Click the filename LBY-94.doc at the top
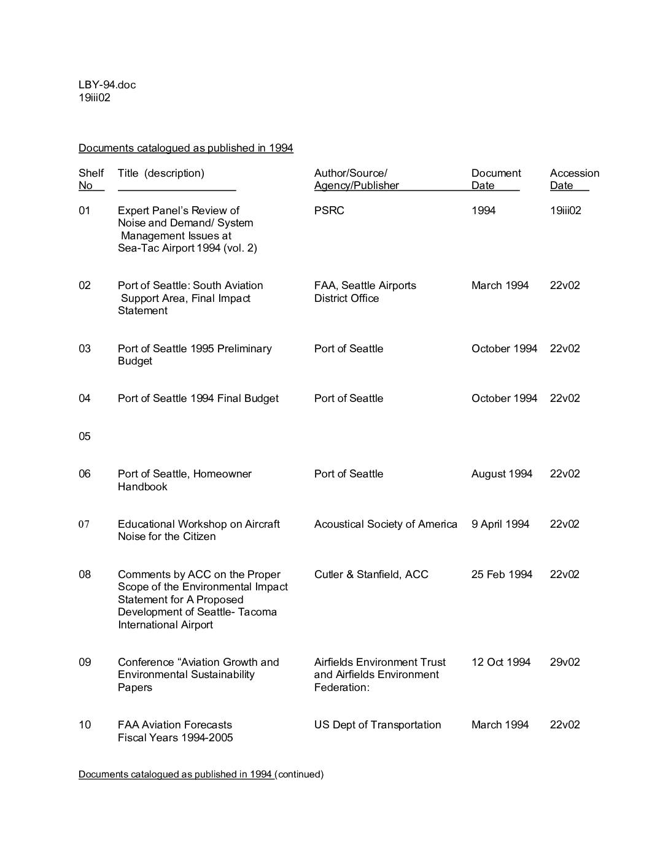pyautogui.click(x=107, y=85)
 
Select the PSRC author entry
pyautogui.click(x=329, y=210)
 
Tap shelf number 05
pyautogui.click(x=84, y=436)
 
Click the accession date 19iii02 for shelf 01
pyautogui.click(x=565, y=210)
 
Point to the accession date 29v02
pyautogui.click(x=565, y=662)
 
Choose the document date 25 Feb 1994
pyautogui.click(x=502, y=574)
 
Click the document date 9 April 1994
pyautogui.click(x=500, y=524)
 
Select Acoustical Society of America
pyautogui.click(x=386, y=524)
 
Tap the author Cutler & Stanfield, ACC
pyautogui.click(x=371, y=574)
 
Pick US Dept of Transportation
pyautogui.click(x=378, y=725)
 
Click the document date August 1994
pyautogui.click(x=502, y=474)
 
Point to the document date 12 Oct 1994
pyautogui.click(x=501, y=662)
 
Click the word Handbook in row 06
pyautogui.click(x=142, y=487)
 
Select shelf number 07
pyautogui.click(x=84, y=524)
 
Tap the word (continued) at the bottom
pyautogui.click(x=300, y=774)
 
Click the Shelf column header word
pyautogui.click(x=91, y=173)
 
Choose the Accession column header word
pyautogui.click(x=575, y=173)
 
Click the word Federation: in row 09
pyautogui.click(x=342, y=687)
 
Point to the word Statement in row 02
pyautogui.click(x=142, y=310)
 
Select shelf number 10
pyautogui.click(x=84, y=725)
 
